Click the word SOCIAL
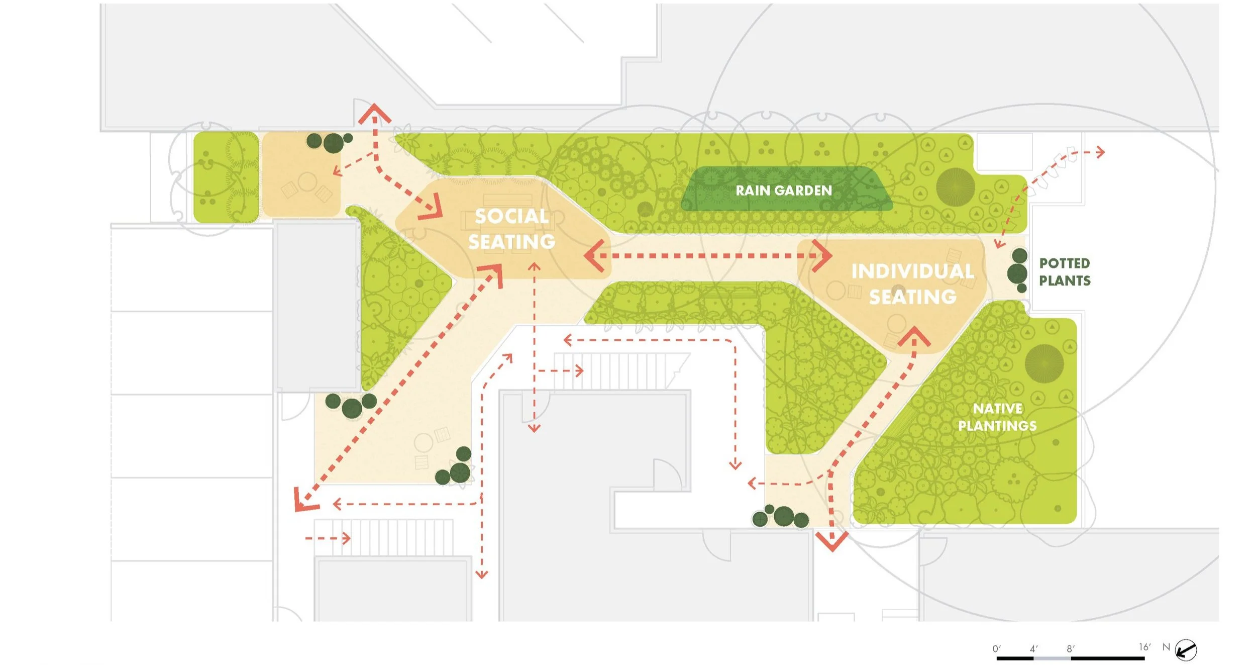point(511,217)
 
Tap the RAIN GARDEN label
point(783,191)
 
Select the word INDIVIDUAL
point(912,271)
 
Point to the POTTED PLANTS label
point(1065,272)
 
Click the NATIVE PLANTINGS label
point(997,417)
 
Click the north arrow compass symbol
point(1186,649)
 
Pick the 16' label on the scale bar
point(1144,647)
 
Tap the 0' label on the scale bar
point(997,648)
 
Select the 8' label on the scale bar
point(1070,648)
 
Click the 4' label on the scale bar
point(1033,648)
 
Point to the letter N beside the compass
point(1166,647)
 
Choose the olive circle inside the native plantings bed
point(1044,363)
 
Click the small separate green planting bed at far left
point(226,177)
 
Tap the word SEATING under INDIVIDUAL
point(912,297)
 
